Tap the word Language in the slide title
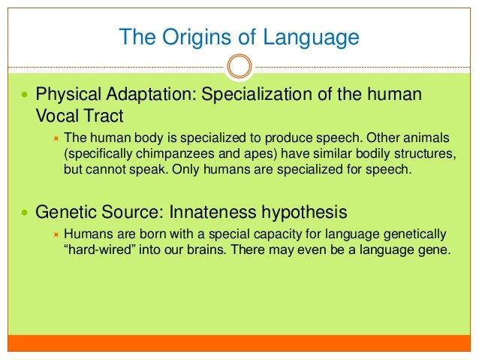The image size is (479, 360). (x=312, y=36)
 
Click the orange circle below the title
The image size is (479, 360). (x=239, y=66)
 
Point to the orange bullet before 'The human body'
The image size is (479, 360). (x=56, y=138)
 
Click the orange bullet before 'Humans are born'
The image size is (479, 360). (x=56, y=234)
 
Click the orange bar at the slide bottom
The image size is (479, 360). (x=239, y=344)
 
